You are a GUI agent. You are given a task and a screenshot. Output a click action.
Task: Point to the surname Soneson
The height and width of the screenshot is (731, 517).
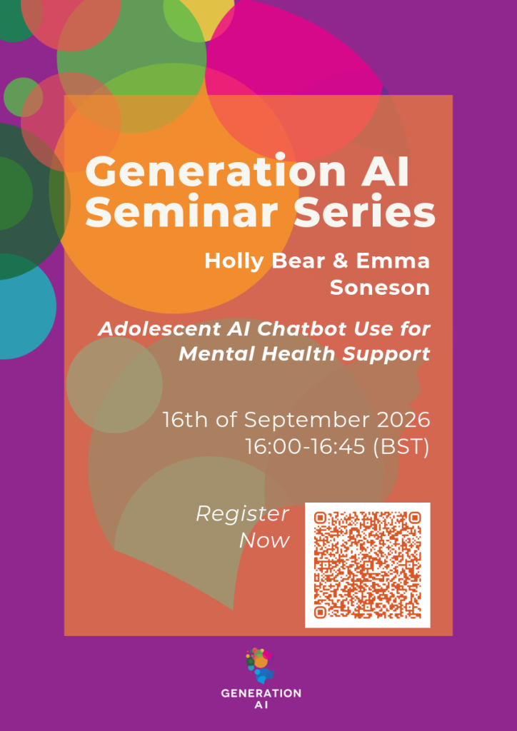click(x=380, y=288)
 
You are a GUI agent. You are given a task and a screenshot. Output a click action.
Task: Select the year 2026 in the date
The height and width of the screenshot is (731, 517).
click(x=403, y=420)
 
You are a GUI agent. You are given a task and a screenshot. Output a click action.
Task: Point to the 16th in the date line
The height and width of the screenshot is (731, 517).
click(x=186, y=420)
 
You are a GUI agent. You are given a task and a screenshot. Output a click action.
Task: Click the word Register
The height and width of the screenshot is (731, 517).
click(x=242, y=515)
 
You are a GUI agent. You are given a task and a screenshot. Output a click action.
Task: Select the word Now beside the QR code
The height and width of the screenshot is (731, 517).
click(x=264, y=541)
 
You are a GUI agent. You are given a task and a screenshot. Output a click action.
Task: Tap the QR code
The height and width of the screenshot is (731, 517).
click(x=367, y=565)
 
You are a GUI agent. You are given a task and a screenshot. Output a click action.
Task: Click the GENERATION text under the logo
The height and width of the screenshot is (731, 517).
click(x=261, y=693)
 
